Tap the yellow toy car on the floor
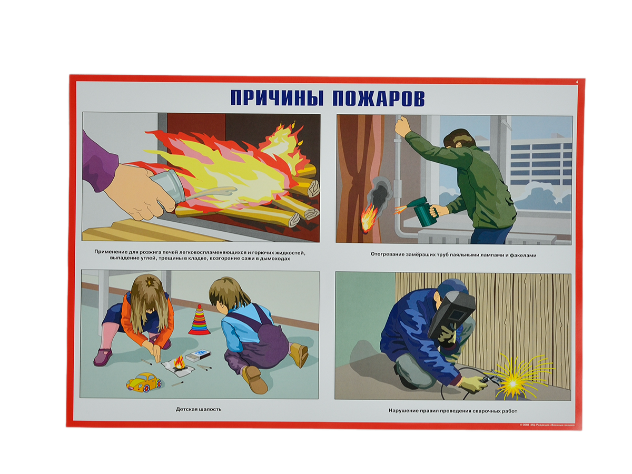point(144,382)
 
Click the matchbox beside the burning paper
point(198,355)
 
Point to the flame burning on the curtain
point(368,216)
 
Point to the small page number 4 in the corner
point(577,82)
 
